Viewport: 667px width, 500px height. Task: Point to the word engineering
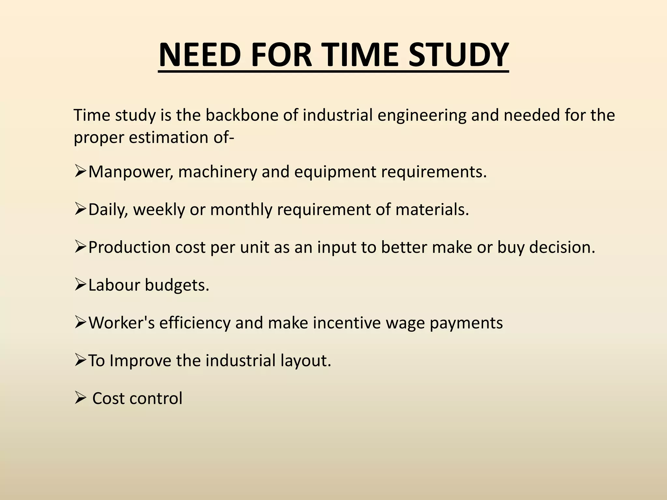422,116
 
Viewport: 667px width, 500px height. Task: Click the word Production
129,247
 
